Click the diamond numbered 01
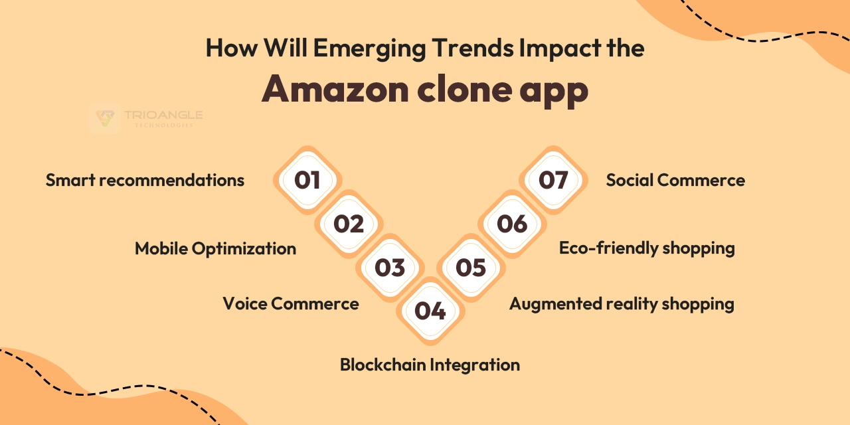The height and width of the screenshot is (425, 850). click(x=307, y=180)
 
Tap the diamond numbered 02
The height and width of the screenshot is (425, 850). click(x=349, y=224)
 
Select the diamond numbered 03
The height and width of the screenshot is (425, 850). click(x=390, y=268)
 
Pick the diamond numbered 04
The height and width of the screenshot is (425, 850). click(x=430, y=311)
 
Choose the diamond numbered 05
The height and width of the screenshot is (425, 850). click(x=471, y=268)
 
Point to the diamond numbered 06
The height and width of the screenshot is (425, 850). click(x=512, y=224)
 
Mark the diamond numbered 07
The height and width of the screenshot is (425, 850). click(x=553, y=180)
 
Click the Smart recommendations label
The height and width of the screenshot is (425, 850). click(x=145, y=180)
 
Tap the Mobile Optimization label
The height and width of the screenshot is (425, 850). click(x=216, y=248)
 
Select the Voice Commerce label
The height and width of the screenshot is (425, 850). click(x=291, y=303)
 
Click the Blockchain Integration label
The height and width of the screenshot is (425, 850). click(x=430, y=365)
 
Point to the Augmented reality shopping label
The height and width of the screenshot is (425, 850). click(x=622, y=304)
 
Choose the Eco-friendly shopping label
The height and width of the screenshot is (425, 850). click(x=647, y=248)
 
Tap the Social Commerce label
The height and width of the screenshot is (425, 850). click(x=675, y=180)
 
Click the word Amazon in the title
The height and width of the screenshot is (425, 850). click(x=335, y=89)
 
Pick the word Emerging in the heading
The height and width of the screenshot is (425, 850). click(x=369, y=48)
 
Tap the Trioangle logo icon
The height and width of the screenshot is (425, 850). click(x=104, y=118)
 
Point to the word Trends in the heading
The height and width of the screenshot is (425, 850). click(x=472, y=48)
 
